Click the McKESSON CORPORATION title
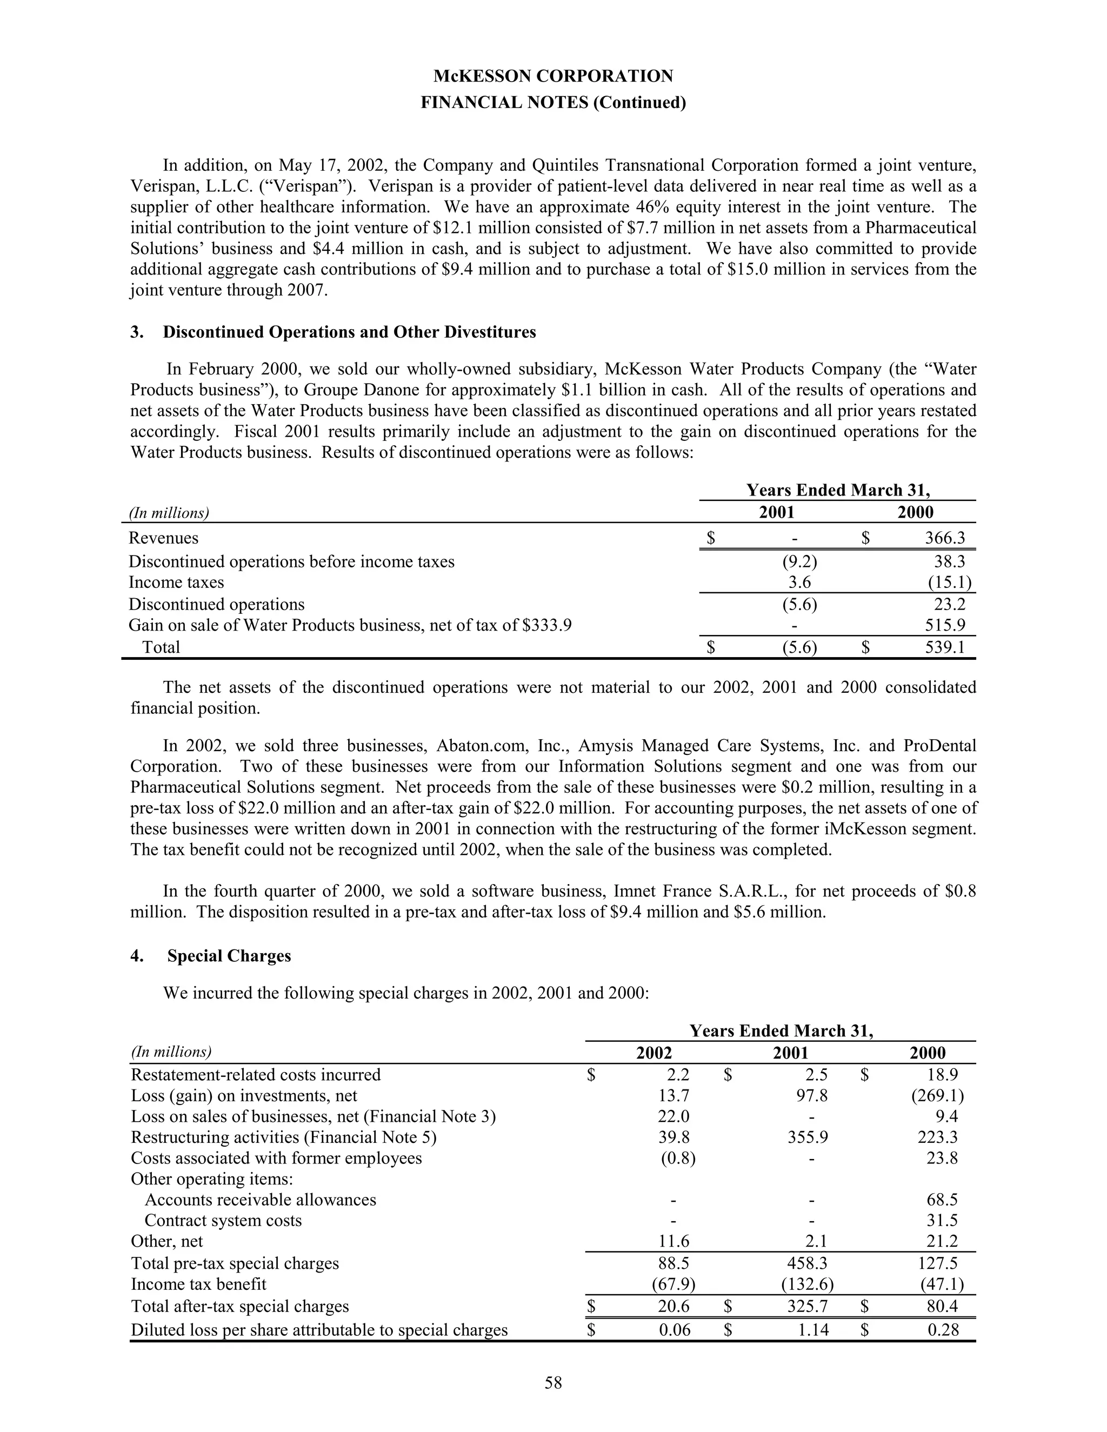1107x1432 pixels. coord(553,76)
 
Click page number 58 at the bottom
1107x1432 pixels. coord(553,1383)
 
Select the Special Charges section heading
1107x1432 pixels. coord(229,955)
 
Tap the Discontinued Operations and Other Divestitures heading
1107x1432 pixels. coord(349,332)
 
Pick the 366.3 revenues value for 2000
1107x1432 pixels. coord(944,538)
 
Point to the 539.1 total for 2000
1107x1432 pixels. coord(944,647)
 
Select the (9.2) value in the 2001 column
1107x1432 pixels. coord(800,561)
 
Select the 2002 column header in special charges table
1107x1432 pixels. coord(654,1053)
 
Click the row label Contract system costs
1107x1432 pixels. coord(223,1220)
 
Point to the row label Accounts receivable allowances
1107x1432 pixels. coord(261,1199)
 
